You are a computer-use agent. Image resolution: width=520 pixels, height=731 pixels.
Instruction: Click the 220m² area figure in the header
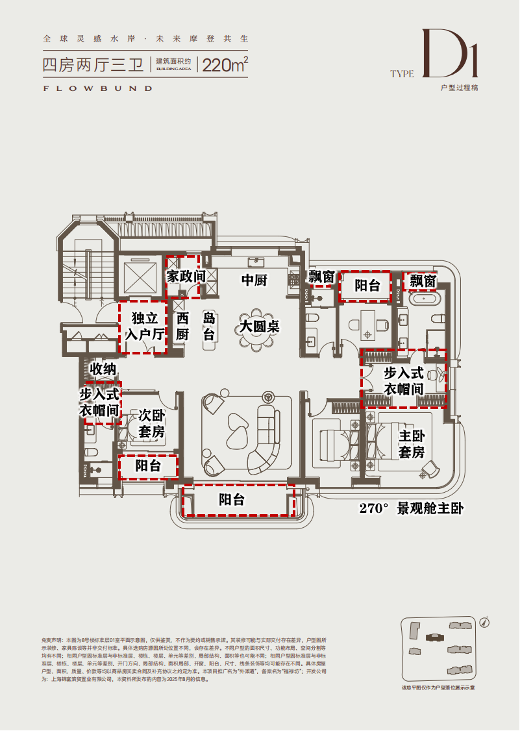click(225, 65)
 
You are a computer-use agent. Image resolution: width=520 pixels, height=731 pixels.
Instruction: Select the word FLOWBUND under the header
click(97, 88)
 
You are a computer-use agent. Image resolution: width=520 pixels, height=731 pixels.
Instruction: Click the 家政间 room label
click(186, 277)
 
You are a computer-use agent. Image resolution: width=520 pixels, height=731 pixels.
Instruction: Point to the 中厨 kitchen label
click(254, 280)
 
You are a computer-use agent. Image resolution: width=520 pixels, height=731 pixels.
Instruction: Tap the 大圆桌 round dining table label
click(258, 326)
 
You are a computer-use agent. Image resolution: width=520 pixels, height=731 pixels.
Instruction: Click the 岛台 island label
click(209, 327)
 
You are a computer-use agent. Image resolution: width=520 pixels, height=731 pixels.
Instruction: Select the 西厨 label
click(182, 327)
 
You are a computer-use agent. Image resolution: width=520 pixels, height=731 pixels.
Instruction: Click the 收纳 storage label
click(103, 369)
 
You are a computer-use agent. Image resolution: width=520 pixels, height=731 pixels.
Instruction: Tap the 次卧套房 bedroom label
click(151, 423)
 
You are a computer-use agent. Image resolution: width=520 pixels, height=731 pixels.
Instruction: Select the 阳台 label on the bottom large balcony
click(231, 500)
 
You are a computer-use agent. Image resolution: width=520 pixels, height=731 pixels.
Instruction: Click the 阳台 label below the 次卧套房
click(147, 466)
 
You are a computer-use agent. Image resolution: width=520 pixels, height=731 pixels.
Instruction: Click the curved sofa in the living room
click(263, 441)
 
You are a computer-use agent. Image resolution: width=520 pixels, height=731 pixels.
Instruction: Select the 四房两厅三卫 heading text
click(93, 65)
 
